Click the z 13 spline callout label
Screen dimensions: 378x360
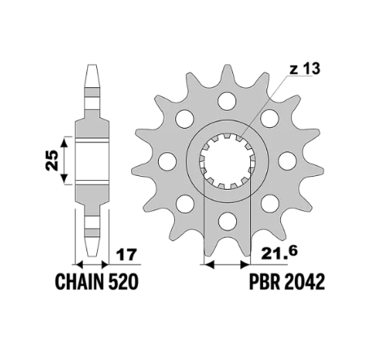[x=305, y=69]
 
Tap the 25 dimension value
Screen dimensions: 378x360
[x=52, y=160]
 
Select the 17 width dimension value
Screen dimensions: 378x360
[x=125, y=255]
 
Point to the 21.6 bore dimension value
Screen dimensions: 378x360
[x=279, y=252]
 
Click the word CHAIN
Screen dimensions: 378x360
[x=80, y=282]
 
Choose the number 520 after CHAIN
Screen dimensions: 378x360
[x=123, y=282]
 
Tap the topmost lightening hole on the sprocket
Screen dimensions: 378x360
[x=227, y=100]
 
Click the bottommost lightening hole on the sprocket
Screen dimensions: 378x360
[x=227, y=222]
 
